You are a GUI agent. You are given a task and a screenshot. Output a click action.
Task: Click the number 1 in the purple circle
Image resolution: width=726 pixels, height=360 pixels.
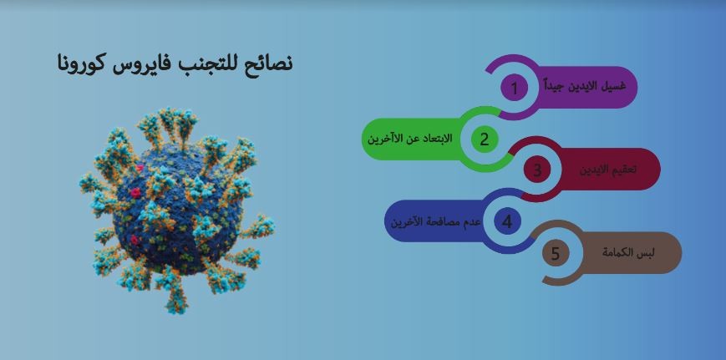point(514,88)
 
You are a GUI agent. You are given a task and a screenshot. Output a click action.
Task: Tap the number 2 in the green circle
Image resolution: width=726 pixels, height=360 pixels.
point(485,139)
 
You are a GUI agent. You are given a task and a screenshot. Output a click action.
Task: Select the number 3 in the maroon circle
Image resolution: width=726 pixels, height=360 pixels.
point(537,170)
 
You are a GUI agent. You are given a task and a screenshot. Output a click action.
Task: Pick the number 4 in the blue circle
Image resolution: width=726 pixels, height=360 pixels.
point(507,221)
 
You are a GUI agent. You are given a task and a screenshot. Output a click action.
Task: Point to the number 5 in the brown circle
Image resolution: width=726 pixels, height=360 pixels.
point(555,253)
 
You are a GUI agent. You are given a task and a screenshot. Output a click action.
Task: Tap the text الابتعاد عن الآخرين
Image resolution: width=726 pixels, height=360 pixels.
point(410,139)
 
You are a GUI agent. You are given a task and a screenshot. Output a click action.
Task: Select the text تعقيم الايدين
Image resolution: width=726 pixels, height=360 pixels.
point(608,170)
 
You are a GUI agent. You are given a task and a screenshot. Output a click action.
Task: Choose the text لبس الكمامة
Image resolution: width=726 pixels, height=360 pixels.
point(628,253)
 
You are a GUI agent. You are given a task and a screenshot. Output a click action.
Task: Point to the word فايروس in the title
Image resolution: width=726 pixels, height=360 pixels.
point(140,63)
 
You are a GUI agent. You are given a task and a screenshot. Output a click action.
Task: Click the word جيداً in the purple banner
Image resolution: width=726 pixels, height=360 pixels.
point(554,86)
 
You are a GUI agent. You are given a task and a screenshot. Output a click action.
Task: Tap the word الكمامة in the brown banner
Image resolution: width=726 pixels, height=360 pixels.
point(619,253)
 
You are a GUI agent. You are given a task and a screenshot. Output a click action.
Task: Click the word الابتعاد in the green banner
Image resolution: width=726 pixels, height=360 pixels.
point(437,139)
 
